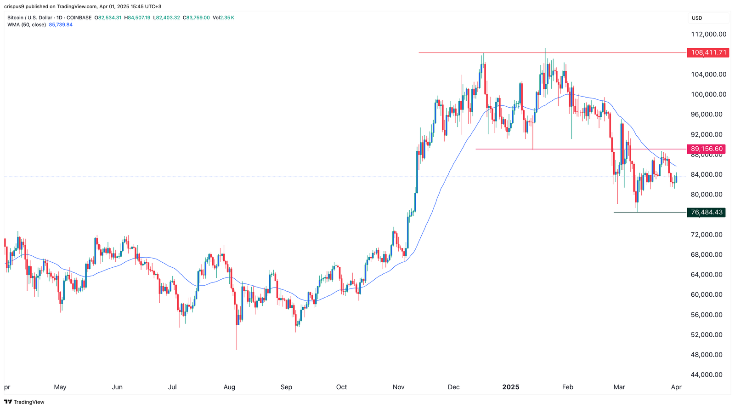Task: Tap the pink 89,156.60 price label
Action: coord(706,149)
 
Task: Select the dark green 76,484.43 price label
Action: coord(706,213)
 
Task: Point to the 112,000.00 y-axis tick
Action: coord(708,34)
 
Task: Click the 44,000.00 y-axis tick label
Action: coord(707,375)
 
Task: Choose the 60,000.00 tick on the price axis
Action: coord(707,295)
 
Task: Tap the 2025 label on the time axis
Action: coord(510,387)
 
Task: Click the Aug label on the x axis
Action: coord(229,387)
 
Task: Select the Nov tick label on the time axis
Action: coord(398,387)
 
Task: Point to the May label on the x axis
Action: coord(60,387)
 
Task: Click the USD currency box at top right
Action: coord(697,18)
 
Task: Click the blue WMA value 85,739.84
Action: coord(61,25)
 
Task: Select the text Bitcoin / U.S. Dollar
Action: coord(29,18)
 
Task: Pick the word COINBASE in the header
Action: coord(79,18)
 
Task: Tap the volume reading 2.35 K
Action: coord(227,18)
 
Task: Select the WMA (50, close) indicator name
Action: coord(26,25)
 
